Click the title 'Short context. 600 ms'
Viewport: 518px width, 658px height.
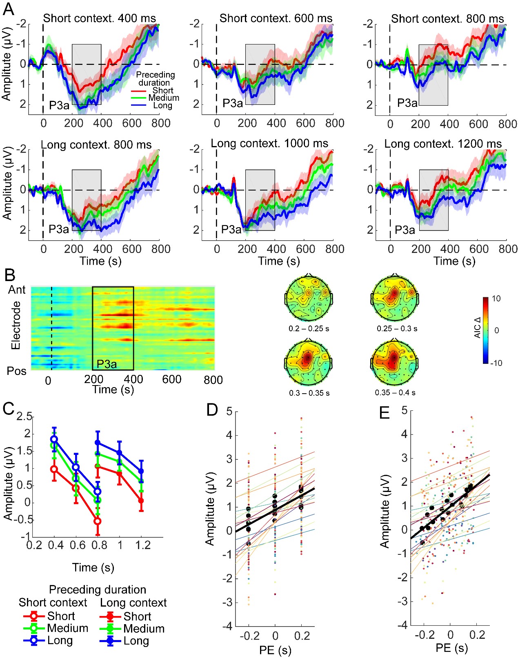click(276, 18)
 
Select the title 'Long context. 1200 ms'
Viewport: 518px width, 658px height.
click(443, 144)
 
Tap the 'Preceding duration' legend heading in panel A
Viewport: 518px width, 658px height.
click(155, 78)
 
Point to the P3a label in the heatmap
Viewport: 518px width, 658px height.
click(107, 364)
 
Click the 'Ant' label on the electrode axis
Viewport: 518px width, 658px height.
click(17, 290)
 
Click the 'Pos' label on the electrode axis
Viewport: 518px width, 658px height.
click(17, 371)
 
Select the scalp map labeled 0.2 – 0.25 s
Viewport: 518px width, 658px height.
click(309, 299)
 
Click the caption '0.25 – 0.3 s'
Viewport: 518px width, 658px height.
click(397, 328)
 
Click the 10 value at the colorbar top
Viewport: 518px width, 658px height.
click(496, 299)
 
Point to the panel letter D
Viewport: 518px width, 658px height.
click(212, 410)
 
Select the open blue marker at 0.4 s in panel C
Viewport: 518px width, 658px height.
click(54, 439)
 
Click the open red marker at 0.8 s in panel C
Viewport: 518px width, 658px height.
click(97, 521)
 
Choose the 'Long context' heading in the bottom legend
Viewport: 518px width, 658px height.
click(133, 603)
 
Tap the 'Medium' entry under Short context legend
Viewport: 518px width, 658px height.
click(68, 628)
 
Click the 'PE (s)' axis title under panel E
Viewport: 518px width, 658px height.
click(451, 648)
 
